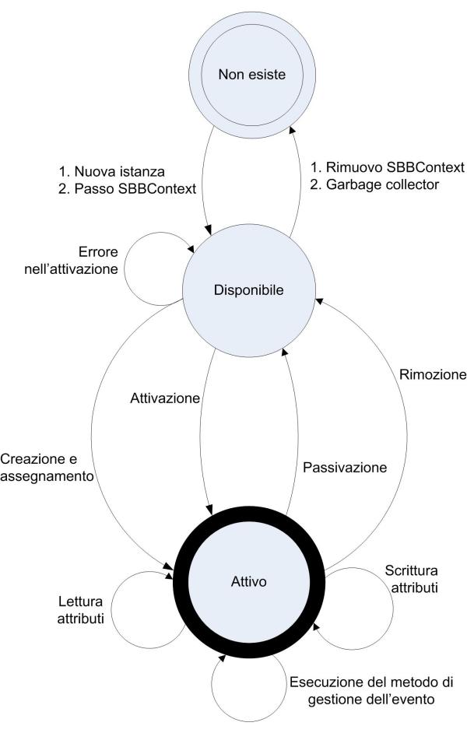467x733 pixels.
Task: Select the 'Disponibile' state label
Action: [x=248, y=290]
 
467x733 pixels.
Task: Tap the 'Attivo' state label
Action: [x=249, y=580]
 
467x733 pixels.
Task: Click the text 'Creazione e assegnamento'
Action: [x=47, y=465]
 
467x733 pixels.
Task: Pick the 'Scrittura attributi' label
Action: [x=411, y=580]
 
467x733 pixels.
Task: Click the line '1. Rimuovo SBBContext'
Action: [x=388, y=167]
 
